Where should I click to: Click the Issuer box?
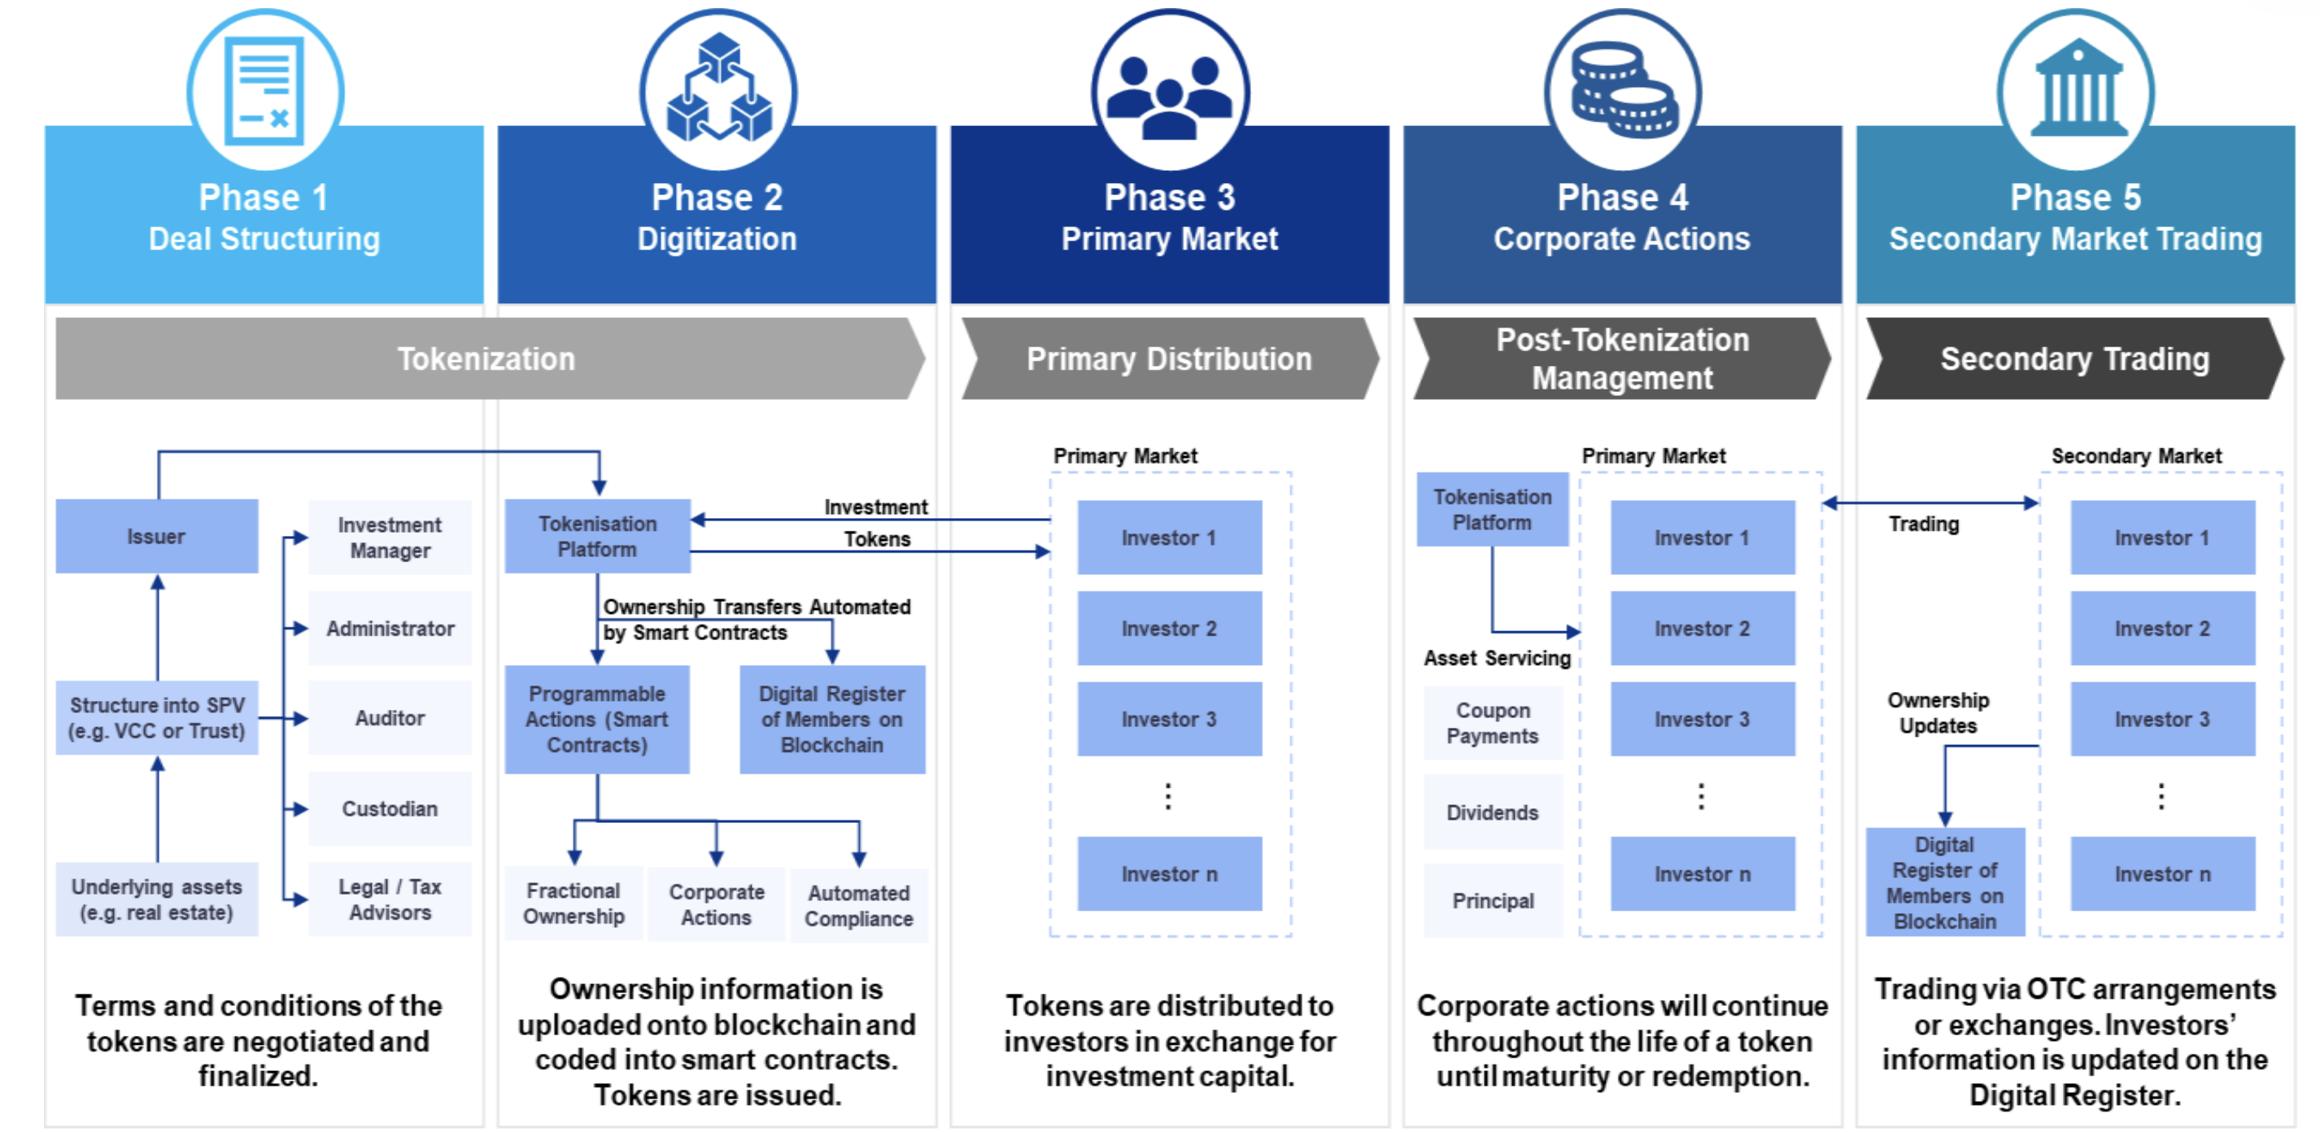tap(157, 537)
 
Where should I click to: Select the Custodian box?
tap(390, 808)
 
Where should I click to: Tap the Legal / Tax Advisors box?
tap(390, 899)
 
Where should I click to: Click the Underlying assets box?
tap(157, 899)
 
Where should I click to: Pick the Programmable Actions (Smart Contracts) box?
tap(597, 720)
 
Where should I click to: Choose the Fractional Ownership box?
tap(573, 904)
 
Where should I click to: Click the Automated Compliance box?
tap(858, 906)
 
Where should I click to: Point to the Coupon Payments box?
tap(1493, 723)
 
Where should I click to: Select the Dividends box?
tap(1493, 812)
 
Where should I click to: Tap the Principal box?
tap(1493, 900)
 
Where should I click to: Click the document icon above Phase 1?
tap(265, 90)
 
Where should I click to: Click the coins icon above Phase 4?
tap(1623, 90)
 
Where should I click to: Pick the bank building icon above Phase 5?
tap(2076, 90)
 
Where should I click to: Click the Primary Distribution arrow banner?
tap(1169, 359)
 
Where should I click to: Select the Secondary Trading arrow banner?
tap(2075, 359)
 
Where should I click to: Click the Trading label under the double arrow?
tap(1924, 525)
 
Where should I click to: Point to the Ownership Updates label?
tap(1938, 713)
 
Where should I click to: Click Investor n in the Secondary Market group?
tap(2162, 874)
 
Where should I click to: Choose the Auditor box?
tap(390, 719)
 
